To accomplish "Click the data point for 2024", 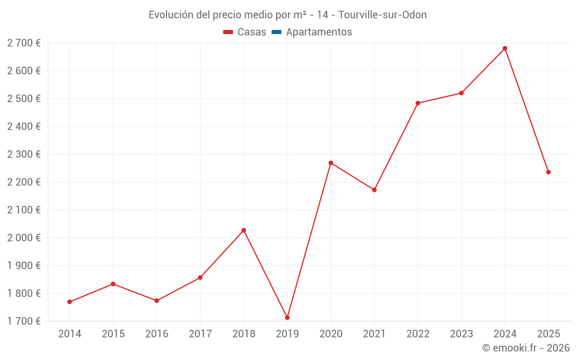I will (505, 48).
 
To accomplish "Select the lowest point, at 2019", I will (287, 317).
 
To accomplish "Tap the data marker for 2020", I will (331, 163).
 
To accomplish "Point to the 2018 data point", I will (244, 230).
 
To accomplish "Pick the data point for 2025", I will (548, 172).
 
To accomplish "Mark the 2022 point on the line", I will (418, 103).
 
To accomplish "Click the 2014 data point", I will (70, 302).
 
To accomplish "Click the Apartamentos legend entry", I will (319, 32).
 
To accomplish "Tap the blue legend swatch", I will (276, 32).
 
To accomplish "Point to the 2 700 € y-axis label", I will (24, 43).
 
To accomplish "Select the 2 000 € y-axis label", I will (24, 238).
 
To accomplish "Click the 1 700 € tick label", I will (24, 321).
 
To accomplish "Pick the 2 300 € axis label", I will (24, 154).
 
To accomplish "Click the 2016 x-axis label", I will (157, 334).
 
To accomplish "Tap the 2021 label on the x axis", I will (374, 334).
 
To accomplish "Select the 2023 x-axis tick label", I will (461, 334).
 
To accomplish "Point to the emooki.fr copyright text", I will (525, 348).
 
